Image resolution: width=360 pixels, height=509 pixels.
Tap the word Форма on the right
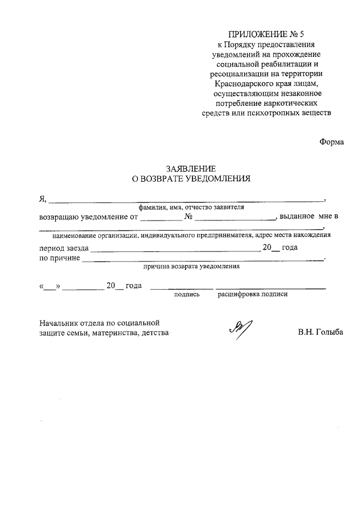[x=331, y=142]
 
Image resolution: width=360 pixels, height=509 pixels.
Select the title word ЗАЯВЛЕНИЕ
[x=190, y=169]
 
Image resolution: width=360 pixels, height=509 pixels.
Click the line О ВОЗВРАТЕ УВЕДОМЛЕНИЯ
[x=190, y=179]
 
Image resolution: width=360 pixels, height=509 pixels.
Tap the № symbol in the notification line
[x=189, y=217]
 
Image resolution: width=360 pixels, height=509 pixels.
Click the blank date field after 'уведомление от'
[x=161, y=217]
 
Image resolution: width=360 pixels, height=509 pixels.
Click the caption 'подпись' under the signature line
[x=187, y=294]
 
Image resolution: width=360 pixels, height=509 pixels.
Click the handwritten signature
[x=240, y=327]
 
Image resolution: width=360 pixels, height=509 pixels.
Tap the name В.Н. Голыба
[x=321, y=332]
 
